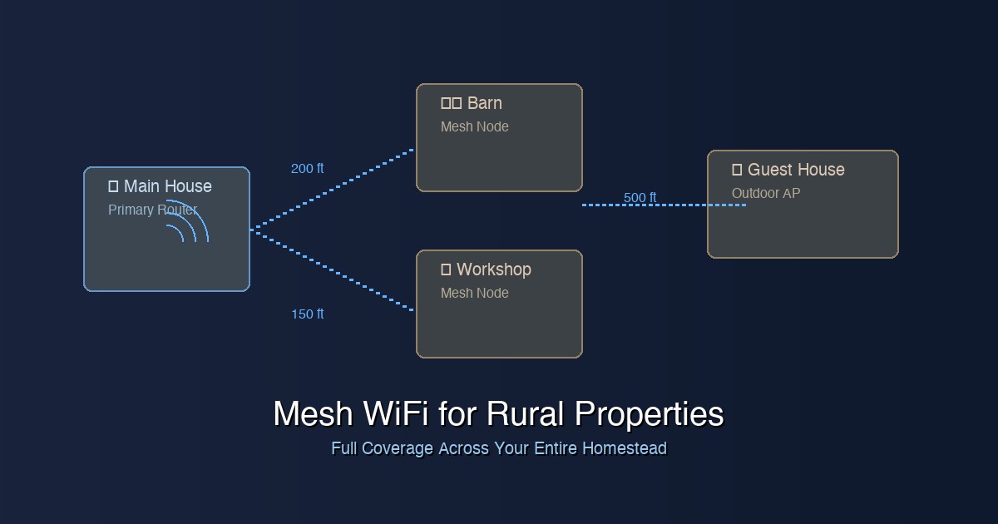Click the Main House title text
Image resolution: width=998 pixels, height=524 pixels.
click(167, 186)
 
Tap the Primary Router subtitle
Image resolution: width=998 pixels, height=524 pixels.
click(152, 210)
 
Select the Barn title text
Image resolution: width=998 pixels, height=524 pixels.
click(484, 103)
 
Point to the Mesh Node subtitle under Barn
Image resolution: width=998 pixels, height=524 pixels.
click(474, 126)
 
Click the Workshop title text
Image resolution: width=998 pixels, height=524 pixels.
click(493, 269)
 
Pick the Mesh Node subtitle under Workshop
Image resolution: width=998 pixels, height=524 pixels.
click(474, 293)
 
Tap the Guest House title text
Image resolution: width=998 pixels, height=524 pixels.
click(796, 170)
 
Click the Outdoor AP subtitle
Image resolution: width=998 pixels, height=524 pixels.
click(765, 193)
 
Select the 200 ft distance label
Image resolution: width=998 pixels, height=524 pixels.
click(307, 169)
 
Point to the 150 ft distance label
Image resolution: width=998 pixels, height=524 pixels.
click(307, 314)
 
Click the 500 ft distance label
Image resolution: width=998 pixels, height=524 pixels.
click(640, 197)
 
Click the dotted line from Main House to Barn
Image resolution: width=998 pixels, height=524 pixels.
click(333, 189)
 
